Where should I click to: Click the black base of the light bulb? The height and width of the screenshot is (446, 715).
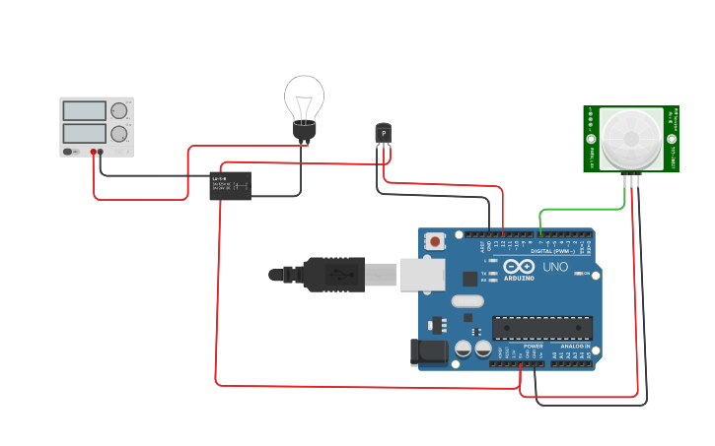pyautogui.click(x=304, y=130)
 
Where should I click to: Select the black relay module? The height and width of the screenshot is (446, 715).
pyautogui.click(x=230, y=185)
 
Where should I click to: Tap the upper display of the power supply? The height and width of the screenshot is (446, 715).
pyautogui.click(x=84, y=110)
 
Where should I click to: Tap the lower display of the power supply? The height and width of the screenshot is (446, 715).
pyautogui.click(x=84, y=133)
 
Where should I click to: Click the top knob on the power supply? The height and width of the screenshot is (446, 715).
pyautogui.click(x=119, y=110)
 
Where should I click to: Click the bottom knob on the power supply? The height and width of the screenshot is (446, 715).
pyautogui.click(x=119, y=133)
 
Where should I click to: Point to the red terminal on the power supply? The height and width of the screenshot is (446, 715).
pyautogui.click(x=94, y=152)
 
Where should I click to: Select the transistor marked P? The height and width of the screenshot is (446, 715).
pyautogui.click(x=383, y=133)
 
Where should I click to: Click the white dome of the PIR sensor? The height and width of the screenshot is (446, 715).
pyautogui.click(x=631, y=138)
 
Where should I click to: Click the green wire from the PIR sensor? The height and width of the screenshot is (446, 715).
pyautogui.click(x=582, y=209)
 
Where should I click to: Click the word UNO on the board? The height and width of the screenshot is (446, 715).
pyautogui.click(x=555, y=267)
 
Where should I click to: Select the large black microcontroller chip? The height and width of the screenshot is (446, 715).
pyautogui.click(x=542, y=330)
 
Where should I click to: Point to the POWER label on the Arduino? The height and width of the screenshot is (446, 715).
pyautogui.click(x=533, y=347)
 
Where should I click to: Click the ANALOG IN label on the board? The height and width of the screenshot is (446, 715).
pyautogui.click(x=574, y=347)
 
